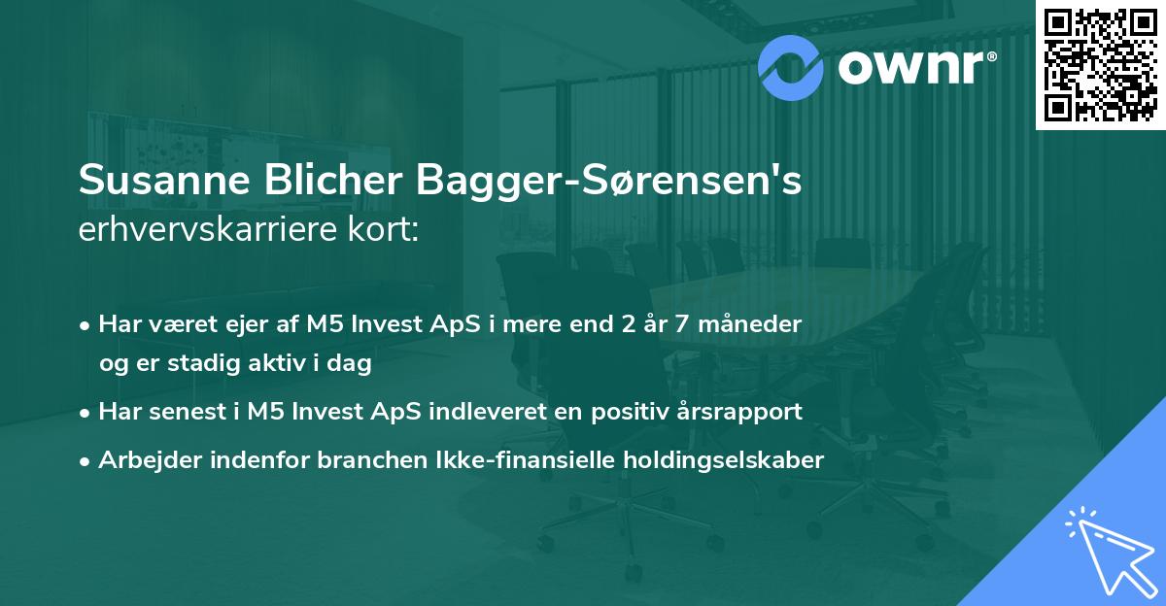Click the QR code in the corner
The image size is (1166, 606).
tap(1099, 64)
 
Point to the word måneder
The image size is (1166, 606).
tap(754, 324)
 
